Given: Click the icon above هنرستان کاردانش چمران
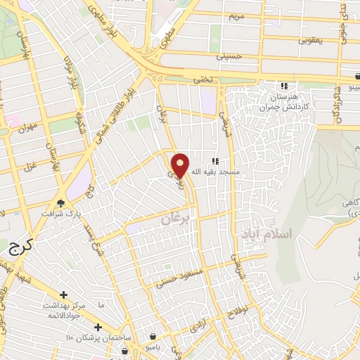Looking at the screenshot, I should [x=284, y=85].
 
